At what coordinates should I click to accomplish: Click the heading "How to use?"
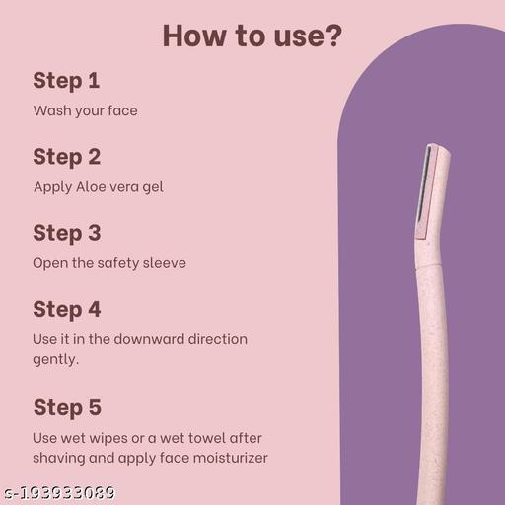252,36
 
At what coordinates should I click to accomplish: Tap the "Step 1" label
66,80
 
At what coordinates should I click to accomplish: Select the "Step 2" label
67,156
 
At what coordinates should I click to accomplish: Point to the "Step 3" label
67,233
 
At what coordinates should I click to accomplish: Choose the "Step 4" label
67,309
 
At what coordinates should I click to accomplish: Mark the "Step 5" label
67,407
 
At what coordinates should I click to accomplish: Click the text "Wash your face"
85,110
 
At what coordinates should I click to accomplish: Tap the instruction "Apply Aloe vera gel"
98,186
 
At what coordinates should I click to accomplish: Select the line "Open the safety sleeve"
108,262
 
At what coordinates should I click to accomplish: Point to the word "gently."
56,360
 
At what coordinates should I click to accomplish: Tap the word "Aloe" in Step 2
94,186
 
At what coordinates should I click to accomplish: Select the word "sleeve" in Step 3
163,262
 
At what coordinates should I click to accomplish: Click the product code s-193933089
58,492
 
